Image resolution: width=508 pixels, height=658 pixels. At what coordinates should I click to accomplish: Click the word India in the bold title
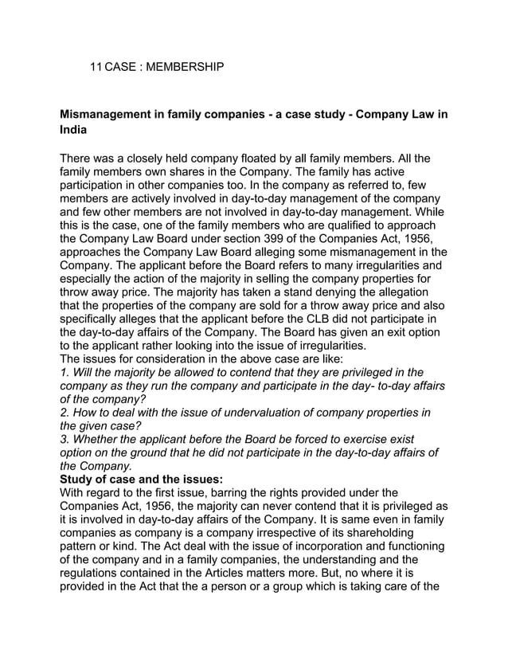tap(73, 130)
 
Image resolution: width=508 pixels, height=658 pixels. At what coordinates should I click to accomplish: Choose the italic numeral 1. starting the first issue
tap(64, 373)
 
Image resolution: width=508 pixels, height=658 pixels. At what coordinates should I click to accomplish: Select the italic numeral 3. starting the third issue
tap(65, 440)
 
